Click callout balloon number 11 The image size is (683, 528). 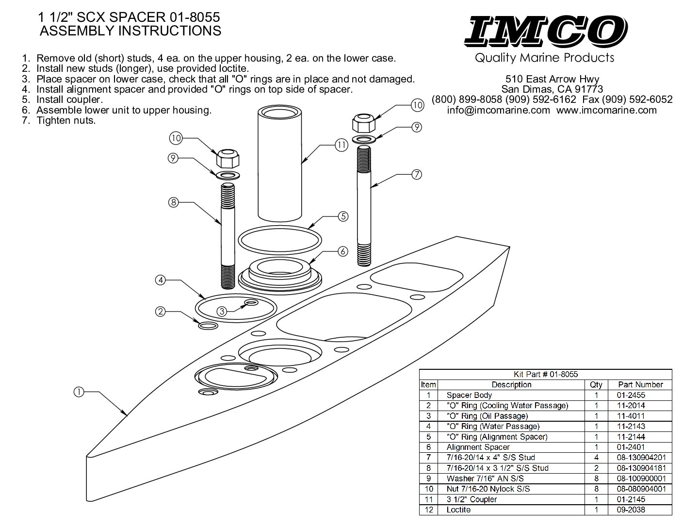coord(341,144)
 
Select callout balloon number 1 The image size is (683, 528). coord(79,391)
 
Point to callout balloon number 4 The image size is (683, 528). coord(161,280)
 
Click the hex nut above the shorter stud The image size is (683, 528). coord(226,158)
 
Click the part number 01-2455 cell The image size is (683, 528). coord(631,395)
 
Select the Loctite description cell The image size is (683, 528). coord(458,510)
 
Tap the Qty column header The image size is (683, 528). coord(596,384)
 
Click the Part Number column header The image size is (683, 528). coord(640,384)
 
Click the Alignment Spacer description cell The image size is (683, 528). coord(478,447)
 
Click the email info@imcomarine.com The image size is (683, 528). coord(499,110)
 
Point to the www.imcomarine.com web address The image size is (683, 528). coord(606,110)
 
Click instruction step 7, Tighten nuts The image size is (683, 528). coord(66,121)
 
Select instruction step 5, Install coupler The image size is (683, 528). coord(69,100)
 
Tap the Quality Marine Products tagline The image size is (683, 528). coord(544,58)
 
